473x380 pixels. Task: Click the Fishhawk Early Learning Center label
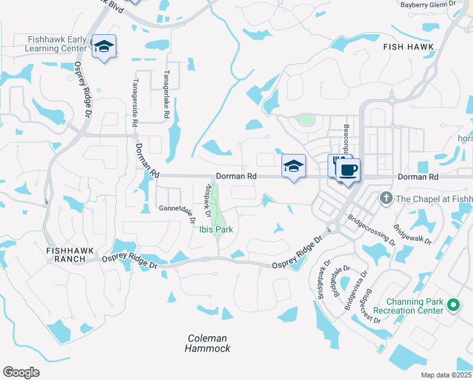[57, 44]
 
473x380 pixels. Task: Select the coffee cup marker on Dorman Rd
[348, 170]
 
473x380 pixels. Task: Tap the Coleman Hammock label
[207, 343]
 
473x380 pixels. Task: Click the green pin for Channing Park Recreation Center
[453, 305]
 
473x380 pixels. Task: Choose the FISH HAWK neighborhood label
[408, 47]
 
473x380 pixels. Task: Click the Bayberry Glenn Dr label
[427, 4]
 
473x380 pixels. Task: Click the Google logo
[21, 372]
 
